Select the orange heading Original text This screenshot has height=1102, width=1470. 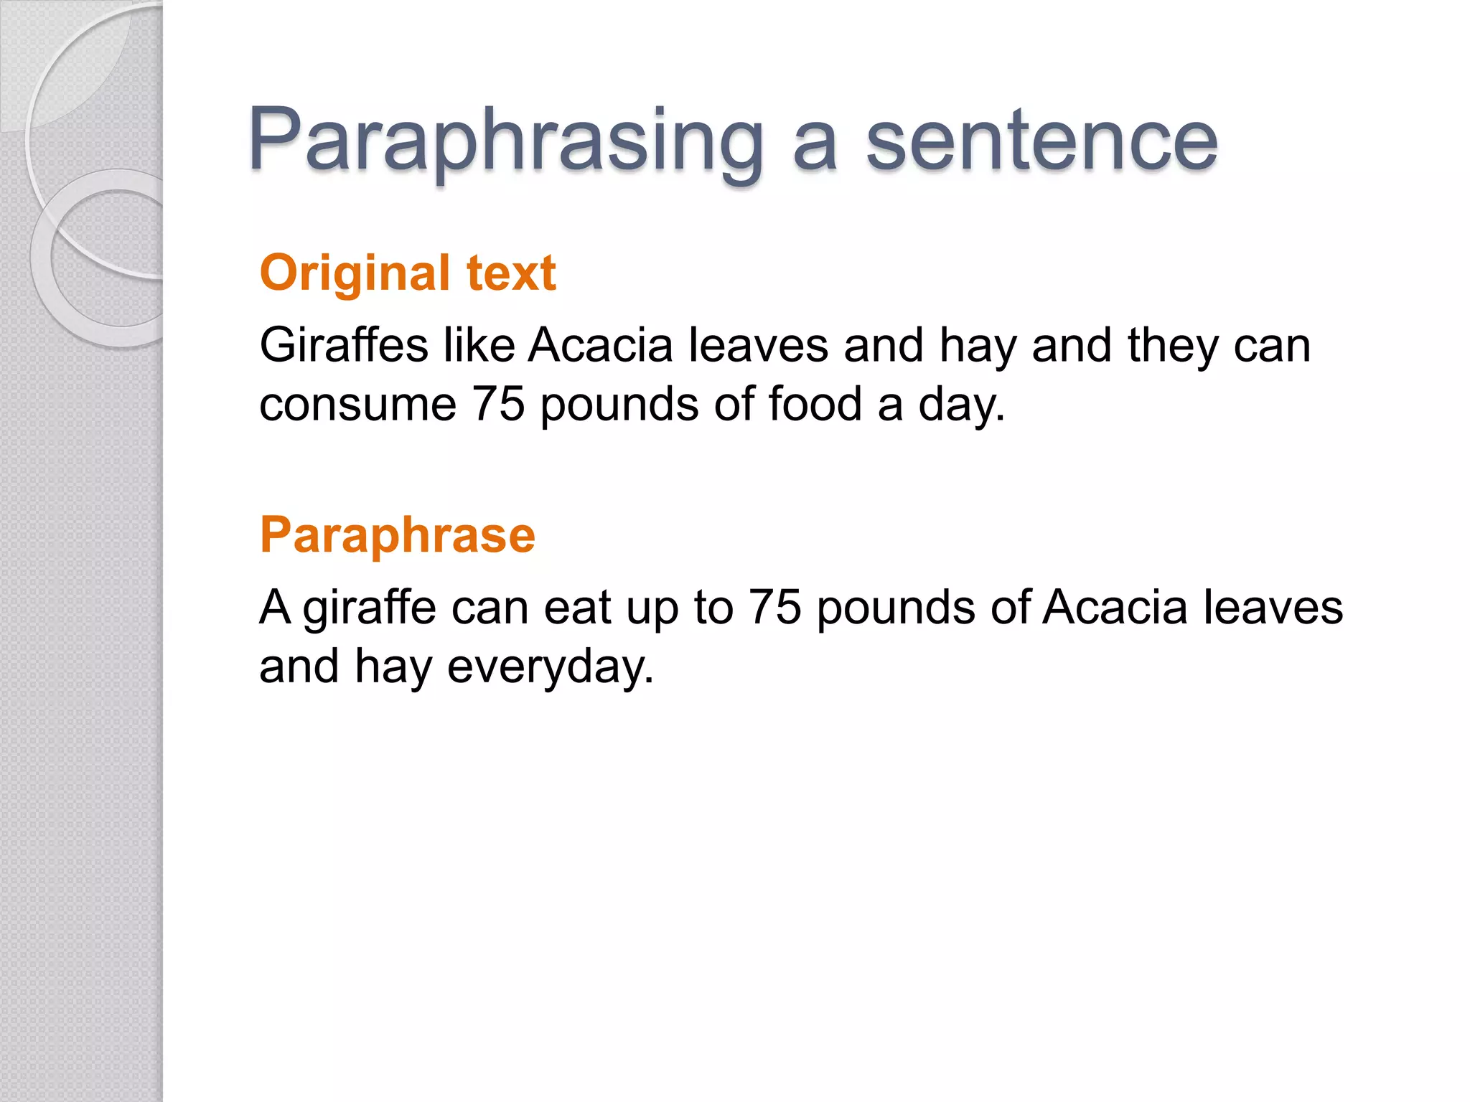[408, 273]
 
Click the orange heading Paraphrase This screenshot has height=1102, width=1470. [398, 535]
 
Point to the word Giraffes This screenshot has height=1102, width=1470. [344, 346]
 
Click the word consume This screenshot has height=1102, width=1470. [357, 405]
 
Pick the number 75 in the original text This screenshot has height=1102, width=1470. [498, 405]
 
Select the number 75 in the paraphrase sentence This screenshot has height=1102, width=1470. [774, 608]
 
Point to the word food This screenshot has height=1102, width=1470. [815, 405]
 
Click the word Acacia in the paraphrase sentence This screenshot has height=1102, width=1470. [1115, 608]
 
